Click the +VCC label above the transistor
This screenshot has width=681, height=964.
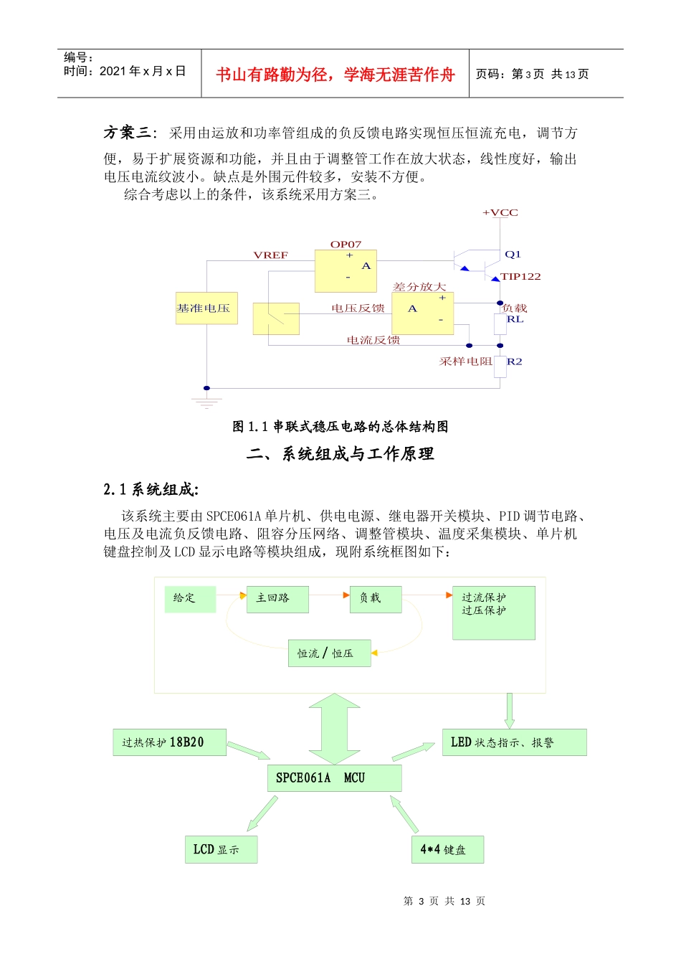click(x=500, y=212)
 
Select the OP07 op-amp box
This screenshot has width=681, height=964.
click(x=346, y=271)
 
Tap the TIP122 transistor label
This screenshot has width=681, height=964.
click(x=520, y=276)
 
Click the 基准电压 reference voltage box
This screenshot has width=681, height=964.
click(x=206, y=308)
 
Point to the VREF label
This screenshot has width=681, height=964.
click(x=270, y=255)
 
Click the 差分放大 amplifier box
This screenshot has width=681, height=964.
click(x=422, y=313)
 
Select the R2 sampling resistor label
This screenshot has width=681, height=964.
click(x=514, y=361)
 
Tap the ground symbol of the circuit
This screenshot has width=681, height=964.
click(x=206, y=402)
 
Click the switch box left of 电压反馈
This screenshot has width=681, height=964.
click(x=276, y=318)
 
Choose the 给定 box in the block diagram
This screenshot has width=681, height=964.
click(x=190, y=599)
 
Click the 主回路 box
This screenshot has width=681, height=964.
click(x=277, y=599)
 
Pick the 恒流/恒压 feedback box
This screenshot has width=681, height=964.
click(x=329, y=653)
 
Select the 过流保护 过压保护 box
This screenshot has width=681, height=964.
click(x=493, y=613)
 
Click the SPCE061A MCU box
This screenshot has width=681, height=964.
click(x=334, y=778)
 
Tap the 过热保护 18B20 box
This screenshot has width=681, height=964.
click(x=169, y=742)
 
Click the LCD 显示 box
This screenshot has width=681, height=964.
click(x=220, y=849)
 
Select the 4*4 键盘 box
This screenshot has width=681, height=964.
click(x=447, y=849)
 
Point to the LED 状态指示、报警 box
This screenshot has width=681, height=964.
click(x=514, y=742)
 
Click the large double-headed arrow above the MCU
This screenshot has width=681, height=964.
click(x=334, y=728)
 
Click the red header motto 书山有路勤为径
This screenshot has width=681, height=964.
click(x=335, y=75)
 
